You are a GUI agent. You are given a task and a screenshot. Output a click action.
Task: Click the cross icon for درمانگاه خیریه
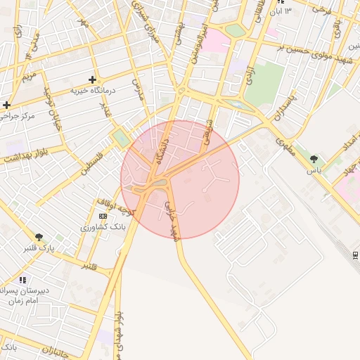(92, 79)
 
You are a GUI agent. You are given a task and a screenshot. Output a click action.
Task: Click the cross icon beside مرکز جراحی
(6, 105)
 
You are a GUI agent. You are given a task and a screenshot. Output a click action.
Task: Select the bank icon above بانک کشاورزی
(103, 216)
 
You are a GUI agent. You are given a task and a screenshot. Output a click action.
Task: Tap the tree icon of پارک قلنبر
(39, 237)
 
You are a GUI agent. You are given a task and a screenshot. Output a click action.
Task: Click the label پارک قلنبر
(39, 248)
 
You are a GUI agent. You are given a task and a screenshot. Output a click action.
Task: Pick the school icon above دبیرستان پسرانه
(23, 280)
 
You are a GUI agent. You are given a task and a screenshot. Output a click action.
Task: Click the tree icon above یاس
(314, 159)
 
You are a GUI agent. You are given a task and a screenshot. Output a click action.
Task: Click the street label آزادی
(248, 73)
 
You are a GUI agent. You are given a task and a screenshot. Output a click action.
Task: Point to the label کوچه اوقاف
(114, 206)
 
